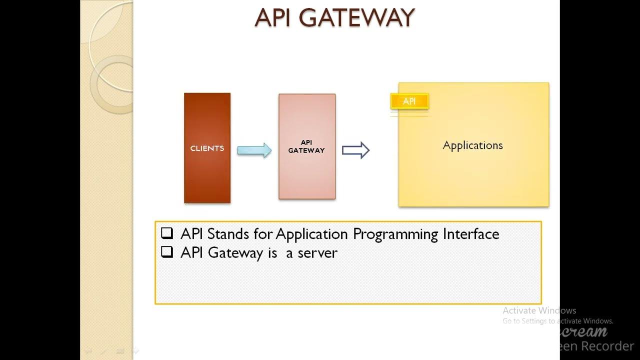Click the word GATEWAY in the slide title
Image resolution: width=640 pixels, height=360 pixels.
pyautogui.click(x=358, y=18)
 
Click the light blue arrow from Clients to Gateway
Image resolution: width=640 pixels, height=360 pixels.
pyautogui.click(x=254, y=150)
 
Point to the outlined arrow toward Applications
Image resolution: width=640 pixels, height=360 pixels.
pyautogui.click(x=355, y=150)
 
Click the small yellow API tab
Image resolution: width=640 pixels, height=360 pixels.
pyautogui.click(x=409, y=101)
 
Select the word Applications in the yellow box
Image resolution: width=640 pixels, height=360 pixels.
pyautogui.click(x=472, y=145)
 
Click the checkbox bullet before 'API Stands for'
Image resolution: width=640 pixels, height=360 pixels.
pyautogui.click(x=167, y=233)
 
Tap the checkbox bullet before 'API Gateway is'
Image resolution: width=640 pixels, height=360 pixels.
pyautogui.click(x=167, y=252)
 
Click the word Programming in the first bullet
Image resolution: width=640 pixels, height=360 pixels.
pyautogui.click(x=395, y=234)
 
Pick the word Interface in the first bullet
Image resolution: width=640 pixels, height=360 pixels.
pyautogui.click(x=470, y=233)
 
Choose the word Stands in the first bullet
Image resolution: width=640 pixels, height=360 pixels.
pyautogui.click(x=228, y=233)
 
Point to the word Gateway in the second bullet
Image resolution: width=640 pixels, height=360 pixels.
pyautogui.click(x=235, y=253)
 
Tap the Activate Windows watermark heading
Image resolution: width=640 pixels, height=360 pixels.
pyautogui.click(x=539, y=310)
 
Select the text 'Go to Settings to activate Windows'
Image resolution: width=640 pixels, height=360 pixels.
pyautogui.click(x=557, y=321)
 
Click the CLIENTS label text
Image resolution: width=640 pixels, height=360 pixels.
pyautogui.click(x=207, y=148)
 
